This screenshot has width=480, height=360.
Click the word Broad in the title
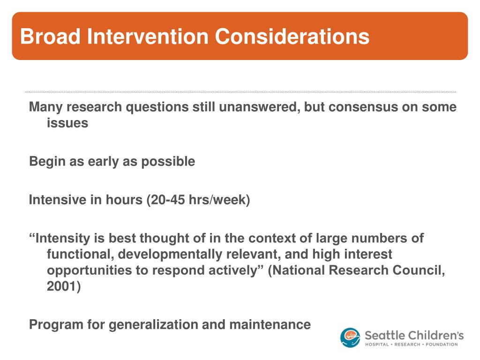coord(50,37)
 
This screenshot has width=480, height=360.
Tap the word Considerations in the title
coord(292,37)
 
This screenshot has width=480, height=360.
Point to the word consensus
coord(359,107)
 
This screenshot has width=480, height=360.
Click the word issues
coord(67,123)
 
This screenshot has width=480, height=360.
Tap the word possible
coord(168,162)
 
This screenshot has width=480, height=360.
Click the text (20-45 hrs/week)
coord(198,200)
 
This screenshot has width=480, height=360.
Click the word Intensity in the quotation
coord(63,239)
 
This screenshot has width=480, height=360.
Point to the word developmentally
coord(170,255)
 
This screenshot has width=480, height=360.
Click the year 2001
coord(64,286)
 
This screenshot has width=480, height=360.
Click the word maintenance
coord(270,325)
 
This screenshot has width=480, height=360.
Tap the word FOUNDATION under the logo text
coord(442,345)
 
